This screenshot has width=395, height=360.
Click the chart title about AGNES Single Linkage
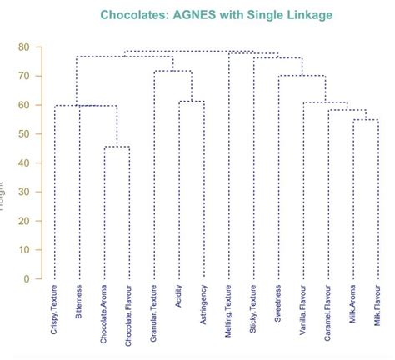click(215, 15)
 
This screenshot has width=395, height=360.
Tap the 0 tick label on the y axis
click(27, 278)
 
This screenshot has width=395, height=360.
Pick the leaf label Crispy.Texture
click(54, 309)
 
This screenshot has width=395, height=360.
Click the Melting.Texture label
click(229, 310)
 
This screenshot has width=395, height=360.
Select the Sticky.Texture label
click(253, 307)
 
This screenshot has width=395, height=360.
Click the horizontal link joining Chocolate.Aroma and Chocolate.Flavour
click(117, 147)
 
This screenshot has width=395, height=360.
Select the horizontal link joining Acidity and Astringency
click(192, 102)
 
